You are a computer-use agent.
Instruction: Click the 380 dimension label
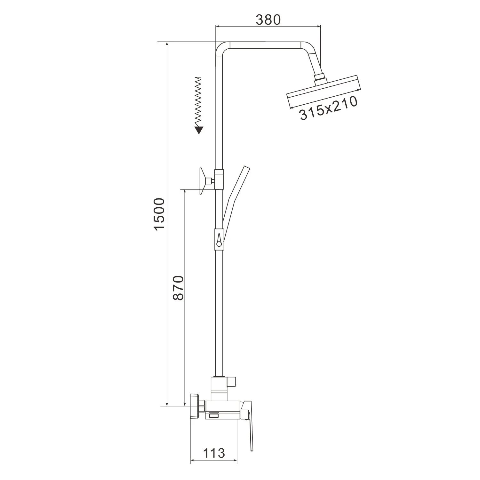tap(268, 20)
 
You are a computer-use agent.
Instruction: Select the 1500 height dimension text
tap(159, 214)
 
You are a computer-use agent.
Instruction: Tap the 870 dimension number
tap(178, 287)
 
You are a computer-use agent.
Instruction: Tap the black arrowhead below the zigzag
tap(199, 130)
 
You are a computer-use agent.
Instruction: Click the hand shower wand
tap(235, 198)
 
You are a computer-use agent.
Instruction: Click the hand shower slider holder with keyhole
tap(219, 239)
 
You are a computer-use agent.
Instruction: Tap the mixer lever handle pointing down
tap(249, 422)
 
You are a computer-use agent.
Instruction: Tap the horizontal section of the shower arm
tap(266, 45)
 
